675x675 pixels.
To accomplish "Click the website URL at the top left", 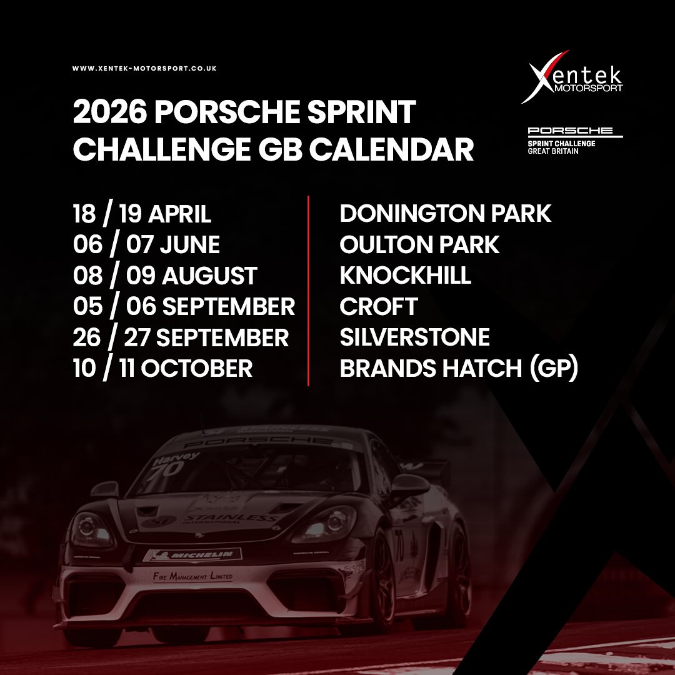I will point(144,69).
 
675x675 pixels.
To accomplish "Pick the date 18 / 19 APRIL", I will point(142,214).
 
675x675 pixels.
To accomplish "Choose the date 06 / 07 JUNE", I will point(146,244).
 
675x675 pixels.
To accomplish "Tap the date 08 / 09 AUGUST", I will point(164,276).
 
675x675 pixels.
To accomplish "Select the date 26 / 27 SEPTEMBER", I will point(181,337).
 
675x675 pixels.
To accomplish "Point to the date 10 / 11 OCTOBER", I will point(162,368).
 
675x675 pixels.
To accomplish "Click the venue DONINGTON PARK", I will point(446,214).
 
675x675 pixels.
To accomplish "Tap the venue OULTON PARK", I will point(419,244).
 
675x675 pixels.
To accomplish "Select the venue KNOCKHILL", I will point(405,276).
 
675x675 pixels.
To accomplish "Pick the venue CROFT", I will point(378,306).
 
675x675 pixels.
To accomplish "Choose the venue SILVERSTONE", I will point(414,337).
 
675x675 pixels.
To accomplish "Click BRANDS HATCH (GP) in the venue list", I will point(458,368).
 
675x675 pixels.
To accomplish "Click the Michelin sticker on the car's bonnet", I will point(193,554).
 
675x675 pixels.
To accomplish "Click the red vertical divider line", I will point(309,291).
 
